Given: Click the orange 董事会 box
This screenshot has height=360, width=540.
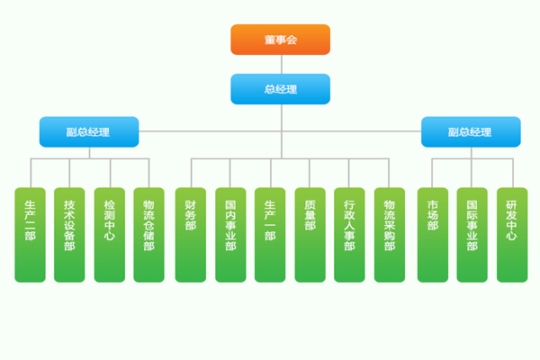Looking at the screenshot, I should point(280,40).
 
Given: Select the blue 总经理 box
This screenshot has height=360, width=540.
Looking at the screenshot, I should point(280,89).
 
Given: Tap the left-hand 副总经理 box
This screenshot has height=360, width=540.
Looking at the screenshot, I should point(88,131).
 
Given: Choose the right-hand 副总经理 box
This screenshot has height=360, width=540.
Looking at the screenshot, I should point(470,131).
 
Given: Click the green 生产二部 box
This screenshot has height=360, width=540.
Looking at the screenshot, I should point(30,234).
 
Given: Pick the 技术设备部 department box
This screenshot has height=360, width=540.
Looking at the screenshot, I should point(69,234).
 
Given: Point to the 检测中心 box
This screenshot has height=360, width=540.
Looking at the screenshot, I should point(109,234).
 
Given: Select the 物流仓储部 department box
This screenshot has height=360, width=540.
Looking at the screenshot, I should point(148,234).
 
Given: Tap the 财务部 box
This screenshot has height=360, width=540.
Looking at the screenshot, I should point(190,234).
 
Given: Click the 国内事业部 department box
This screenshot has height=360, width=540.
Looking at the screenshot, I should point(230,234).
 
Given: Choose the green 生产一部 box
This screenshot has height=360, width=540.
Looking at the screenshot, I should point(270,234).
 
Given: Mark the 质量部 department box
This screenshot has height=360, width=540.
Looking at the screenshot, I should point(310,234).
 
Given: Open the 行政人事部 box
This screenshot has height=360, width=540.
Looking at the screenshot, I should point(349,234).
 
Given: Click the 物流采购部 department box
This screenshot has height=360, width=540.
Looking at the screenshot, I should point(389,234).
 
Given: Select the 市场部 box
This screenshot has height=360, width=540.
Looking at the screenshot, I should point(432,234).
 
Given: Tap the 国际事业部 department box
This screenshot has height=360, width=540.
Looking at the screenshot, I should point(472,234).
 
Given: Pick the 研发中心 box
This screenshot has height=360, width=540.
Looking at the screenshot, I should point(511,234).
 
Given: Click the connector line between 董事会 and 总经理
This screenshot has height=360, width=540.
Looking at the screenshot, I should point(280,65).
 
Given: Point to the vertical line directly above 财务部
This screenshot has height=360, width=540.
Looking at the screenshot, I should point(190,174).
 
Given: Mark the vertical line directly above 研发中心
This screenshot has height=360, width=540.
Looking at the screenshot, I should point(511,174).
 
